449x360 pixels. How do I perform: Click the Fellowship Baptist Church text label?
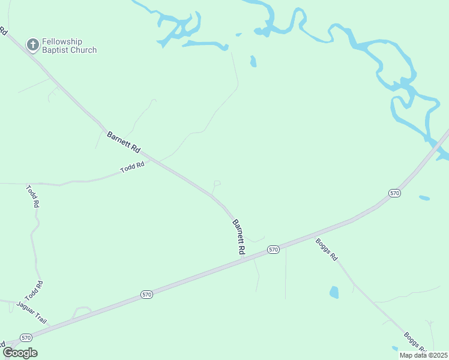tap(69, 46)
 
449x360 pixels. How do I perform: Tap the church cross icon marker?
tap(32, 44)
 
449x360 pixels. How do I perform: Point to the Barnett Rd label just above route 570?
tap(239, 238)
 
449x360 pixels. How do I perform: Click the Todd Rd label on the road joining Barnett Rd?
tap(133, 167)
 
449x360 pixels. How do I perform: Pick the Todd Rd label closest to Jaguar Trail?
tap(34, 291)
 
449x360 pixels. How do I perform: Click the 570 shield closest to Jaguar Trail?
tap(25, 337)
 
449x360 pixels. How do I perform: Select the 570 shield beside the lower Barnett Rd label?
tap(273, 249)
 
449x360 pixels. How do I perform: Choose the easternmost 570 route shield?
tap(394, 193)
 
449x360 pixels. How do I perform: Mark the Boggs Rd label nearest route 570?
tap(327, 249)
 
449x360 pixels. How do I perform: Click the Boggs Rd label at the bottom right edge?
tap(415, 343)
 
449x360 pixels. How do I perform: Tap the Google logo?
tap(19, 353)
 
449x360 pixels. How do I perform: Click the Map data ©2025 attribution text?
tap(424, 355)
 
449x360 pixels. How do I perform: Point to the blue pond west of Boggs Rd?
tap(334, 292)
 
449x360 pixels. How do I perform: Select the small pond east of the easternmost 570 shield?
tap(424, 197)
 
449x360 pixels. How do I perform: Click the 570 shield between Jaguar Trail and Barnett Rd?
tap(147, 294)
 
